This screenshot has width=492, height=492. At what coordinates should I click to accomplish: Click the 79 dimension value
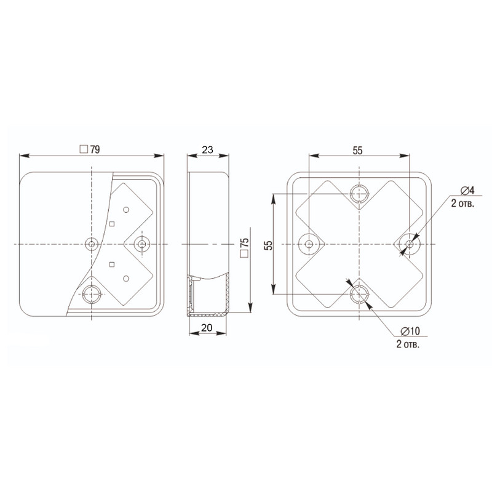pyautogui.click(x=95, y=149)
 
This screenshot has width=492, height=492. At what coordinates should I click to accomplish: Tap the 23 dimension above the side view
pyautogui.click(x=207, y=149)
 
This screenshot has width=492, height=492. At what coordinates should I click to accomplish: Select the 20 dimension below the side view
pyautogui.click(x=207, y=328)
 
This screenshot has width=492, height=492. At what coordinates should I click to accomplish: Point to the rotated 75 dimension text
pyautogui.click(x=244, y=242)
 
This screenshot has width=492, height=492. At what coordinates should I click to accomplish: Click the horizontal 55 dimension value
pyautogui.click(x=357, y=150)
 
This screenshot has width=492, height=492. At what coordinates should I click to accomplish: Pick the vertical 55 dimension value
pyautogui.click(x=269, y=245)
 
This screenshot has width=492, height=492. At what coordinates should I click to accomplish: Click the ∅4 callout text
pyautogui.click(x=467, y=190)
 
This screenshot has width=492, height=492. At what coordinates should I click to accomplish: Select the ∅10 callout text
pyautogui.click(x=410, y=331)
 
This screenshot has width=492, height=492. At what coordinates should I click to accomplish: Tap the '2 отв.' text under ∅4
pyautogui.click(x=462, y=204)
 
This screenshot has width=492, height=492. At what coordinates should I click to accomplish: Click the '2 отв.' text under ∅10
pyautogui.click(x=408, y=344)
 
